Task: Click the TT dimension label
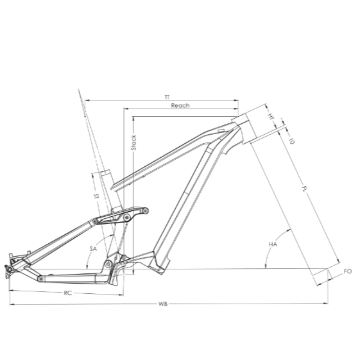coord(167,97)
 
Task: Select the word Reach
coord(180,105)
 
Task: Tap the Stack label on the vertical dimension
coord(134,143)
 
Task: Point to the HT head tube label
coord(271,116)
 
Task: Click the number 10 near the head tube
coord(291,141)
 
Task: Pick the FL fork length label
coord(304,189)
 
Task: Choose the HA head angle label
coord(273,244)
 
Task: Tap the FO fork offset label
coord(348,271)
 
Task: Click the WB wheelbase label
coord(163,304)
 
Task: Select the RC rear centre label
coord(68,293)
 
